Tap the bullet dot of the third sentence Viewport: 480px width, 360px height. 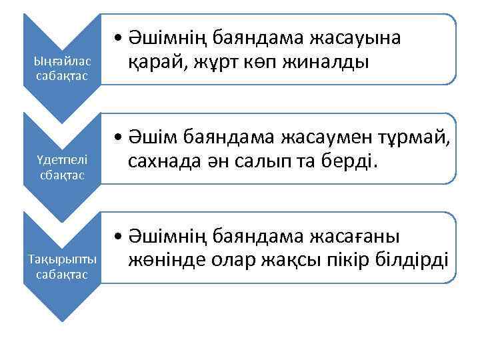(117, 236)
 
